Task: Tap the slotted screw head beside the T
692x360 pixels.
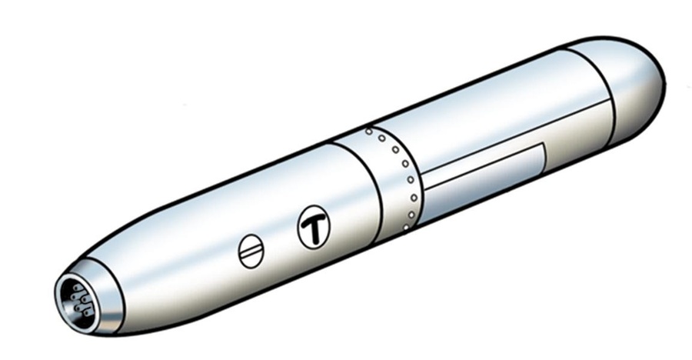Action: coord(251,252)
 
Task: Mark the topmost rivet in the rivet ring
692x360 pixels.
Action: coord(369,132)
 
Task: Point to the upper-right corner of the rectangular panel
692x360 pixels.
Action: coord(544,144)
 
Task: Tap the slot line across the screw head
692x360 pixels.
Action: coord(251,252)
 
